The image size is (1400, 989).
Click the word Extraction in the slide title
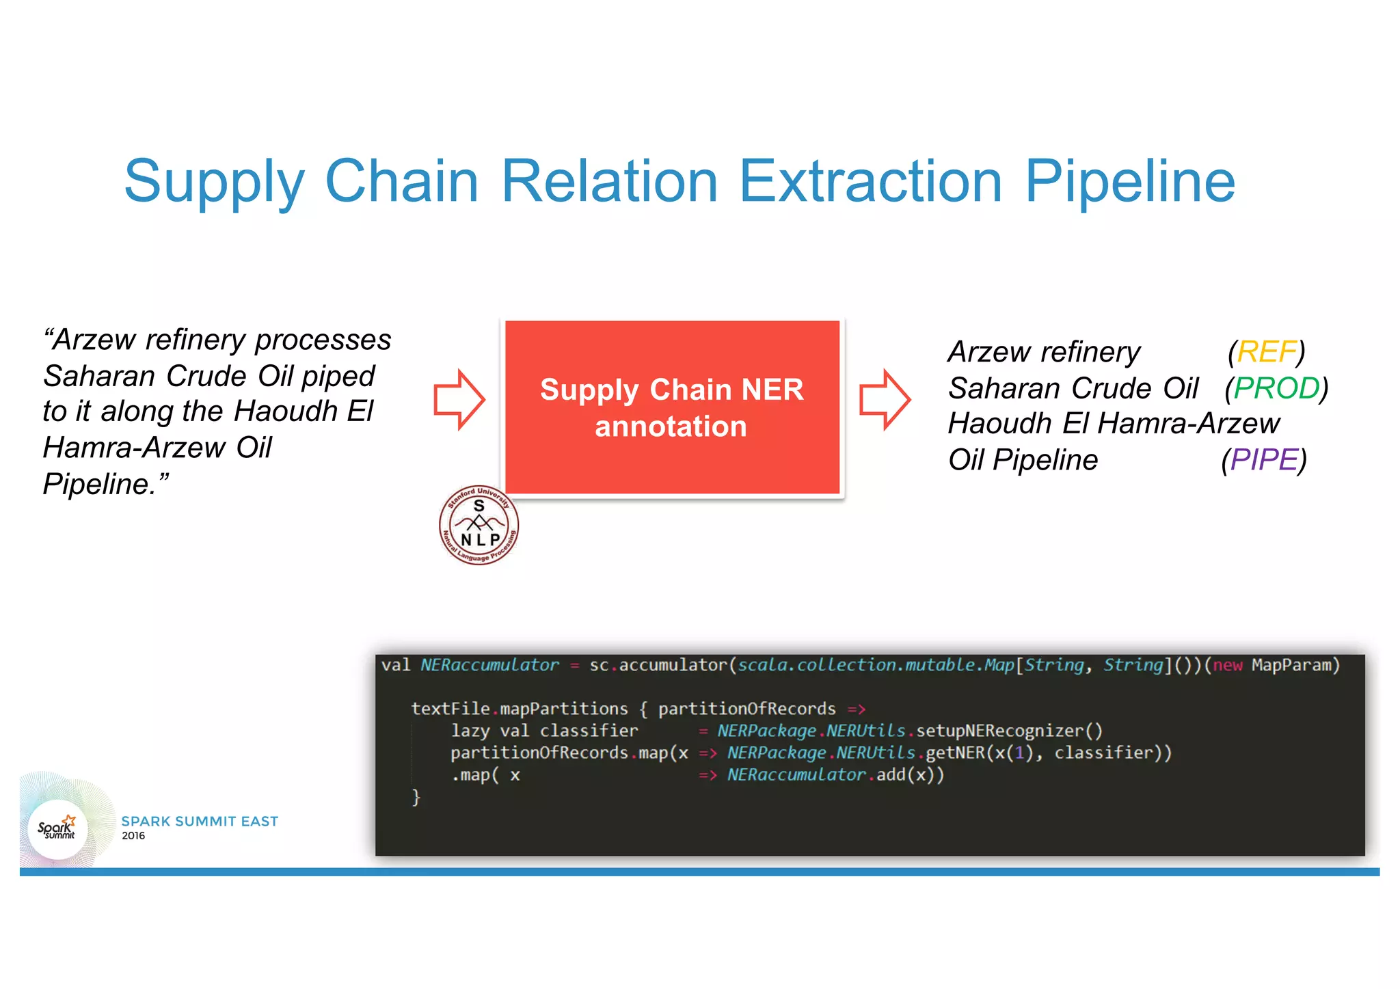pyautogui.click(x=870, y=181)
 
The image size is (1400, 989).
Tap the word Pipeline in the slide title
pyautogui.click(x=1129, y=181)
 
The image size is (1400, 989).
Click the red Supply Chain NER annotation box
pyautogui.click(x=672, y=407)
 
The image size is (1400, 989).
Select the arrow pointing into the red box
pyautogui.click(x=459, y=400)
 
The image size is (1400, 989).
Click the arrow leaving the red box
pyautogui.click(x=885, y=400)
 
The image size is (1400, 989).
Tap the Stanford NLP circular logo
pyautogui.click(x=479, y=525)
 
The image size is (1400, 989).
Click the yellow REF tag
pyautogui.click(x=1266, y=352)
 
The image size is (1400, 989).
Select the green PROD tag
pyautogui.click(x=1276, y=388)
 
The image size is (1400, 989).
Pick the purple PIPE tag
pyautogui.click(x=1263, y=460)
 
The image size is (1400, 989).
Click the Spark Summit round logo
pyautogui.click(x=57, y=829)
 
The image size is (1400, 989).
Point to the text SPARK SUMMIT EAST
pyautogui.click(x=200, y=821)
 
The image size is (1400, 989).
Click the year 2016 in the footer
pyautogui.click(x=133, y=836)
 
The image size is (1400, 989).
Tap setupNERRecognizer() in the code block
pyautogui.click(x=1009, y=731)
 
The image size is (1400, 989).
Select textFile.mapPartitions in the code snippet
pyautogui.click(x=519, y=709)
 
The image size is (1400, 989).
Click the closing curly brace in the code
pyautogui.click(x=416, y=797)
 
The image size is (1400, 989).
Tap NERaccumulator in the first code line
pyautogui.click(x=489, y=665)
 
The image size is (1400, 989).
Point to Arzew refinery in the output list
pyautogui.click(x=1044, y=352)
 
